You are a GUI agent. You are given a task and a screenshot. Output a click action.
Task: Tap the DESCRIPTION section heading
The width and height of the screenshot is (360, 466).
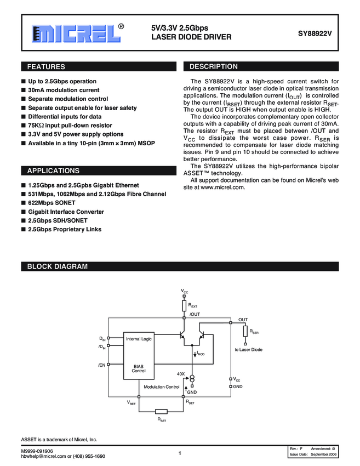click(213, 67)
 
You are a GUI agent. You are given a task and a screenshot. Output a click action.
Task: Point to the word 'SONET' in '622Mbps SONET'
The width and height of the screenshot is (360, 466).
click(65, 203)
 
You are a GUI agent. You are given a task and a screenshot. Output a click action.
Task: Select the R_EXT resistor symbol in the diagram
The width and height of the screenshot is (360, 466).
click(184, 304)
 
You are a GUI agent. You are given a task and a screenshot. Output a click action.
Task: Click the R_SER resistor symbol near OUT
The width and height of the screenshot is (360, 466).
click(245, 332)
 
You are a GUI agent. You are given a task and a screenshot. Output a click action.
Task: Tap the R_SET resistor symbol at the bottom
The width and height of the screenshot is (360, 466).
click(162, 412)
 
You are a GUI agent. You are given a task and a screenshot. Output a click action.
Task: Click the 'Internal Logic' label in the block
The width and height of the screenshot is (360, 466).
click(139, 339)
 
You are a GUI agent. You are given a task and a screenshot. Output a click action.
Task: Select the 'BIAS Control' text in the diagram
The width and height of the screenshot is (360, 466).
click(139, 368)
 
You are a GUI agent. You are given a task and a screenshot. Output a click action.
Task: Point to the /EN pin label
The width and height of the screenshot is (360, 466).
click(101, 365)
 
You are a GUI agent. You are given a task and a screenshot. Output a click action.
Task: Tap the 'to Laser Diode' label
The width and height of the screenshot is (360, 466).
click(249, 349)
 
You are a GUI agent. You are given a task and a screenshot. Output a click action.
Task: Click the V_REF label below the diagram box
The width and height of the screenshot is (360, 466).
click(132, 403)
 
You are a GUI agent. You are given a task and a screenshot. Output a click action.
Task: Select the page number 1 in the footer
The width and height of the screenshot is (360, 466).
click(180, 453)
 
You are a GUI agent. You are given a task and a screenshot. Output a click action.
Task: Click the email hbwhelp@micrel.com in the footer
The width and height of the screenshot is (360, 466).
click(43, 456)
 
